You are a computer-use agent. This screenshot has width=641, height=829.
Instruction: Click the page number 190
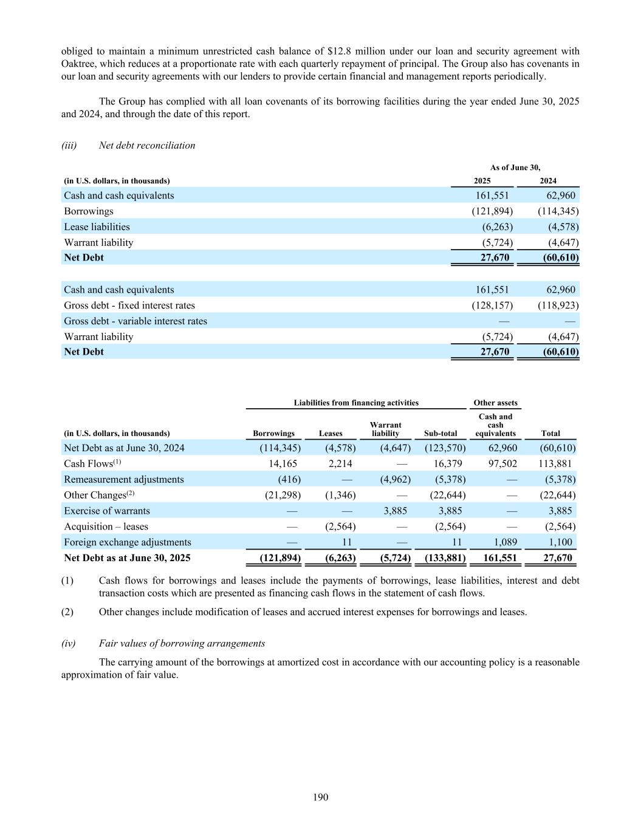pyautogui.click(x=320, y=797)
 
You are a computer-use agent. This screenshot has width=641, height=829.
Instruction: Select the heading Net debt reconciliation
pyautogui.click(x=147, y=145)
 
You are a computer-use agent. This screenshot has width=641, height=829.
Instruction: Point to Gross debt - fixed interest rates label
pyautogui.click(x=129, y=305)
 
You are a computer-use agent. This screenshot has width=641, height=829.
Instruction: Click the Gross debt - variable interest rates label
pyautogui.click(x=135, y=321)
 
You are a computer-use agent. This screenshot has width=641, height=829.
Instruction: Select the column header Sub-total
pyautogui.click(x=440, y=434)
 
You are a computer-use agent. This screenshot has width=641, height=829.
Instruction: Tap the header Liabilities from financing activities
pyautogui.click(x=356, y=403)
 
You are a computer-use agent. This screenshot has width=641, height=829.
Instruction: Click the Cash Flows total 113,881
pyautogui.click(x=555, y=463)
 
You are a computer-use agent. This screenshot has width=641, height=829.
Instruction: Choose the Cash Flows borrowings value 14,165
pyautogui.click(x=283, y=463)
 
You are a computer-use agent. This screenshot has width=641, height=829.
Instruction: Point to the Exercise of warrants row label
pyautogui.click(x=107, y=511)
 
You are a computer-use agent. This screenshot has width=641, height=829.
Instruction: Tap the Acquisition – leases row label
pyautogui.click(x=106, y=527)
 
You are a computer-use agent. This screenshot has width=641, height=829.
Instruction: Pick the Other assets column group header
pyautogui.click(x=495, y=403)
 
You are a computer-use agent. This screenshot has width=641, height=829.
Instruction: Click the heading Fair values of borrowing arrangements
pyautogui.click(x=182, y=643)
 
